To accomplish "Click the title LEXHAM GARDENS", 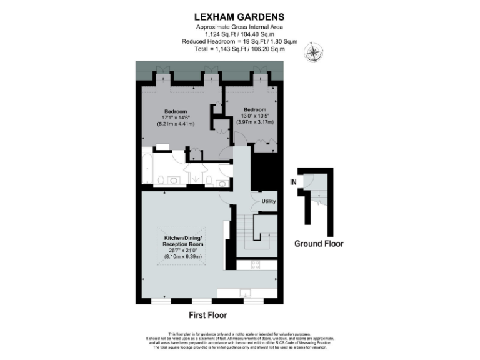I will [x=240, y=17].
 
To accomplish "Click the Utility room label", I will [x=269, y=201].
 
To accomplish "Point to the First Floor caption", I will [x=207, y=315].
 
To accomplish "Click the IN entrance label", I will [x=292, y=182].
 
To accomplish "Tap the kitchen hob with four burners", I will [x=255, y=265].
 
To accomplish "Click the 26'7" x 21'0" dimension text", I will [x=184, y=250].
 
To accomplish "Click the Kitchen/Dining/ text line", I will [x=184, y=238].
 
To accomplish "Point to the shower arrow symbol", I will [x=195, y=179].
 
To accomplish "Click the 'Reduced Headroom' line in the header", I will [x=240, y=41].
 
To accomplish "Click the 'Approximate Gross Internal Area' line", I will [x=240, y=28].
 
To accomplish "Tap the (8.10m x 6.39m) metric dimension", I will [x=184, y=256].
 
